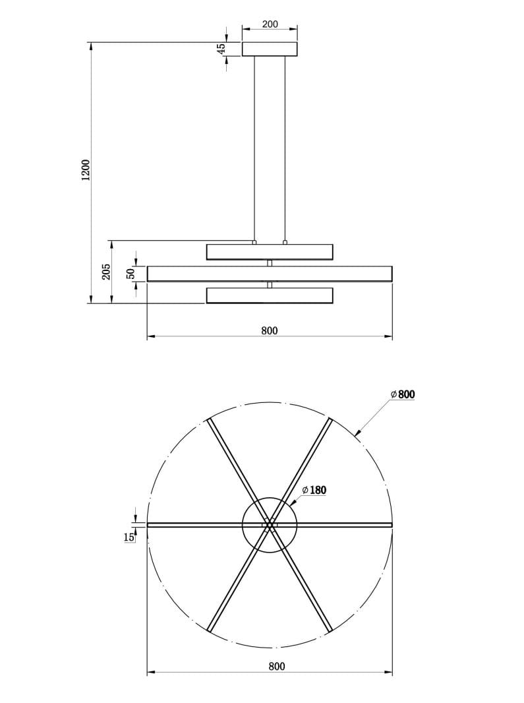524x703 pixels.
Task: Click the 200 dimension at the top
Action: (270, 24)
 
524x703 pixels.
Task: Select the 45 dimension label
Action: (221, 49)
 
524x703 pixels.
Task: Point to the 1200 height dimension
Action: (86, 170)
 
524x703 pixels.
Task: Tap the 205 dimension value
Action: (106, 272)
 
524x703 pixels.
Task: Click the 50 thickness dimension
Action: (131, 274)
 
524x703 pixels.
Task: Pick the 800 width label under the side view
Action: (270, 331)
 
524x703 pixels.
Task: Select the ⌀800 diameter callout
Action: (403, 394)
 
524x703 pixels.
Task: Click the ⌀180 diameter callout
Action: (314, 490)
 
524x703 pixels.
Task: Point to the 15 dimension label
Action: (129, 537)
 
